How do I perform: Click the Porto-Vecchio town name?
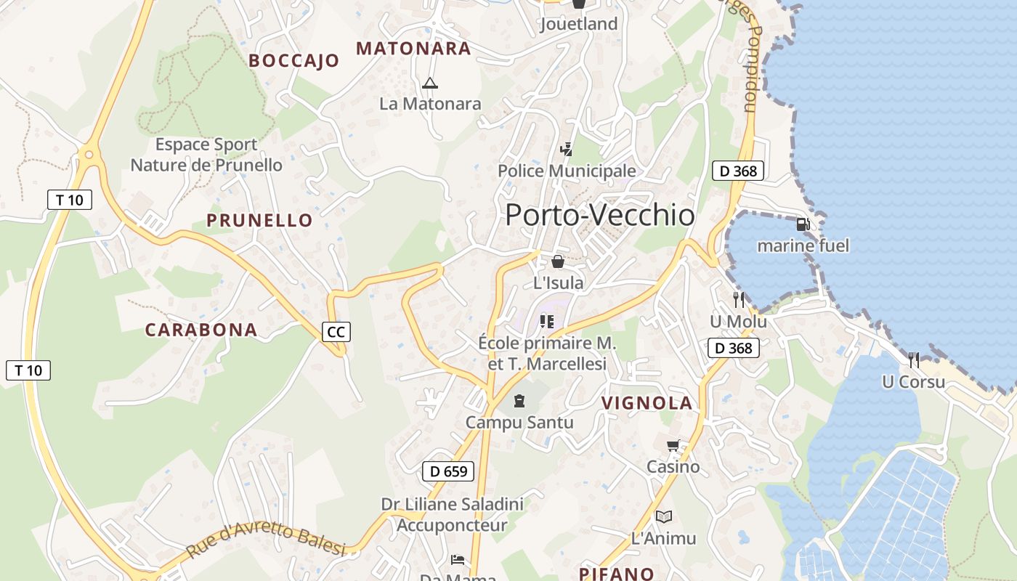point(599,215)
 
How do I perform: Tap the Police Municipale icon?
point(566,150)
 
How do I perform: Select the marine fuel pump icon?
point(803,224)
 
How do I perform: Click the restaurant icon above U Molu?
point(739,299)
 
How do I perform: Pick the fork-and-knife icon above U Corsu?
point(914,359)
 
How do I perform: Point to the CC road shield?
point(336,332)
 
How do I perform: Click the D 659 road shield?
point(448,471)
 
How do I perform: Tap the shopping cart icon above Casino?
point(673,445)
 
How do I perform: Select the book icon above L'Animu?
point(664,516)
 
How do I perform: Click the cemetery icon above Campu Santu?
point(519,401)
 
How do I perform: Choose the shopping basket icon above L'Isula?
point(558,261)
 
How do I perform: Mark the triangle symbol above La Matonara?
point(430,83)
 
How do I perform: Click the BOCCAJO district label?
point(294,61)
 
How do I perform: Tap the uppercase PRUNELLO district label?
point(259,220)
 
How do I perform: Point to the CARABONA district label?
point(201,330)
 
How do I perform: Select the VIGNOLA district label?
point(647,403)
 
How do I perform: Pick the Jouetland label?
point(579,24)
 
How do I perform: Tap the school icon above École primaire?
point(547,321)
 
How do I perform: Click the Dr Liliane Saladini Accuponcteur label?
point(452,514)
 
